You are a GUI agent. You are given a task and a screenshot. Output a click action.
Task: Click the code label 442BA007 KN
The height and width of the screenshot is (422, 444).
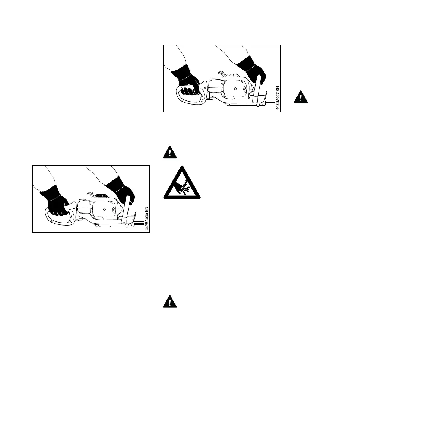pyautogui.click(x=277, y=97)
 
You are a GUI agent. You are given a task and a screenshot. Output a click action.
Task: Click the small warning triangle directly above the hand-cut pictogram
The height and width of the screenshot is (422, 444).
pyautogui.click(x=170, y=152)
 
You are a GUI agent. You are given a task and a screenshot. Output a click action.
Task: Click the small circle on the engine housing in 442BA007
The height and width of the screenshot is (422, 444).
pyautogui.click(x=236, y=89)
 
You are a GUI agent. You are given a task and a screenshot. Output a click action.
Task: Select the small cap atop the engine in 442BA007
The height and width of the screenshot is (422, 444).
pyautogui.click(x=221, y=73)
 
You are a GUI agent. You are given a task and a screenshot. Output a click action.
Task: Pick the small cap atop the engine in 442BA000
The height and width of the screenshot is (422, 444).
pyautogui.click(x=91, y=194)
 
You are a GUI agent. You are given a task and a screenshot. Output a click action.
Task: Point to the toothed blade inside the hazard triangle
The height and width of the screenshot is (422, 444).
pyautogui.click(x=184, y=184)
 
